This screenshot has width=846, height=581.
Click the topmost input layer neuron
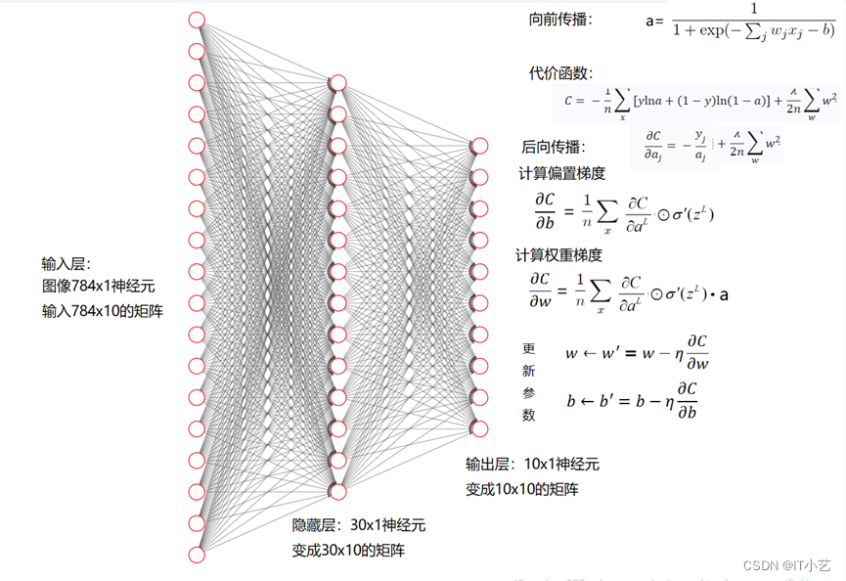(196, 20)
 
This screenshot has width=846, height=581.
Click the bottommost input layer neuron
(196, 555)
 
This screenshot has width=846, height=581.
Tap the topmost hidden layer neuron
(337, 83)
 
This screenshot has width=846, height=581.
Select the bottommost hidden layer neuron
(337, 491)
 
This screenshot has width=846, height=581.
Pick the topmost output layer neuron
(478, 146)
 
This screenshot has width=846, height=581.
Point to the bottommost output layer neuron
(478, 428)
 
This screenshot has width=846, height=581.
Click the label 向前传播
(559, 19)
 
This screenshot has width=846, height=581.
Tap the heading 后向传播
(553, 147)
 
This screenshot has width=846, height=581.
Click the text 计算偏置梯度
(561, 173)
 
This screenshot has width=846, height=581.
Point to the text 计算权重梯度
(558, 254)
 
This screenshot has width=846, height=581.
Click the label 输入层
(66, 264)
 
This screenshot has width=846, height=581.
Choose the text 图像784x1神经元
(98, 287)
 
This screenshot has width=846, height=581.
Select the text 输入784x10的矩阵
(102, 311)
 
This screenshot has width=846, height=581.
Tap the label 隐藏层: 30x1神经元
(359, 525)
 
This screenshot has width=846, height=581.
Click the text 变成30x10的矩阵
(348, 551)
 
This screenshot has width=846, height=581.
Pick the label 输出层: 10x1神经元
(532, 464)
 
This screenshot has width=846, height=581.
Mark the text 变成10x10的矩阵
(521, 489)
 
